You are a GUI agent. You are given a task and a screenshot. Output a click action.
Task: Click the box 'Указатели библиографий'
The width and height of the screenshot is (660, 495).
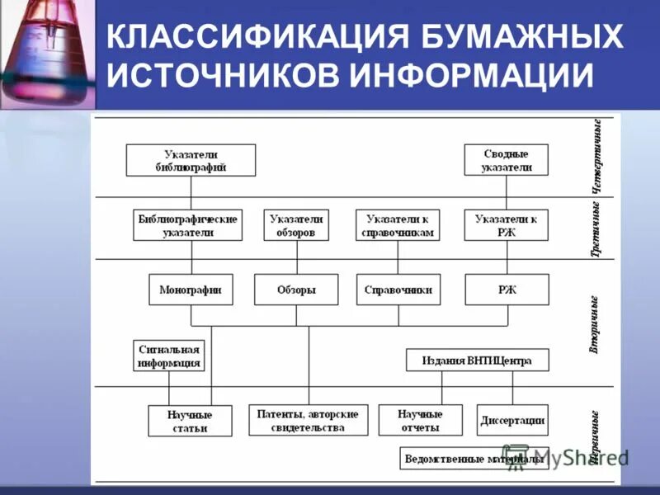(191, 160)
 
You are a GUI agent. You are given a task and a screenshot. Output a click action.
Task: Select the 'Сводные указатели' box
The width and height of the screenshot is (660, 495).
(506, 160)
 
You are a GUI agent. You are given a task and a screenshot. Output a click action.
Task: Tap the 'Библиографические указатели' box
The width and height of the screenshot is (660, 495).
(188, 225)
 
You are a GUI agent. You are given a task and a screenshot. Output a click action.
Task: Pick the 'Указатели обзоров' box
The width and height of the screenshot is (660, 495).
(297, 225)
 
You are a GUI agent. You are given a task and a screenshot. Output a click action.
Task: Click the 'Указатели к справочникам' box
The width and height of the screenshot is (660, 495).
(398, 225)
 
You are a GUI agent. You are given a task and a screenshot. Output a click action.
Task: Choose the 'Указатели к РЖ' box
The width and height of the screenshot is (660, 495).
(506, 225)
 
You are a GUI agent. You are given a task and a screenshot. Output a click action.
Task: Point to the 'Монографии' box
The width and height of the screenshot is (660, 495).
(191, 290)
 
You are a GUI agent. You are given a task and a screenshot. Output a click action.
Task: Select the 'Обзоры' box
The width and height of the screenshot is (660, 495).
(296, 290)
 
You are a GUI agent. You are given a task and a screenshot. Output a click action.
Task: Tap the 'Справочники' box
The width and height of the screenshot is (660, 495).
(398, 290)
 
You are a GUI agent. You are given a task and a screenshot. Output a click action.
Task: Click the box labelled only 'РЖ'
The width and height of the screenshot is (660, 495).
(506, 290)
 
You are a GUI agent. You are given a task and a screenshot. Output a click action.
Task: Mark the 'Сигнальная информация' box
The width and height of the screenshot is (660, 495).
(169, 355)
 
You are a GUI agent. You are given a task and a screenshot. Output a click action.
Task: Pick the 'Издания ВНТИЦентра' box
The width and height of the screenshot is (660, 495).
(477, 361)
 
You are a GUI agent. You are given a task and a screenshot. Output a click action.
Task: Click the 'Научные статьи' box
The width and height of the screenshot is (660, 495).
(191, 421)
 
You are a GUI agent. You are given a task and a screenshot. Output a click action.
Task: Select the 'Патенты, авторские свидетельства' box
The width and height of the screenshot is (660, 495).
(309, 421)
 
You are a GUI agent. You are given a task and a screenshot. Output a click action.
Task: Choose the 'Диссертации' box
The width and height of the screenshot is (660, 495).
(512, 421)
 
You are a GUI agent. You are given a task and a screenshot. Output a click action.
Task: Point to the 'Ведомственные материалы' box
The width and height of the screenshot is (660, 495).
(473, 459)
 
